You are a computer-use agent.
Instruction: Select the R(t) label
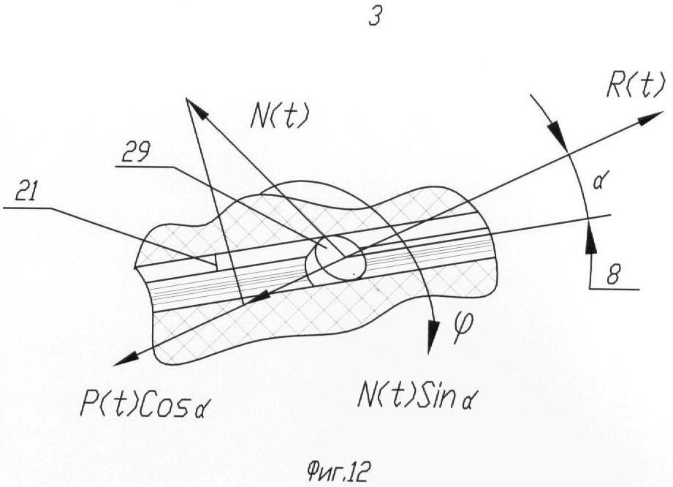click(635, 85)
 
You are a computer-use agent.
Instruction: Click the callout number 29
click(136, 152)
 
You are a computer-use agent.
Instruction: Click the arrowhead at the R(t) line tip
click(650, 117)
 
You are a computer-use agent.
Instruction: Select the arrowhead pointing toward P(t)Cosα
click(126, 358)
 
